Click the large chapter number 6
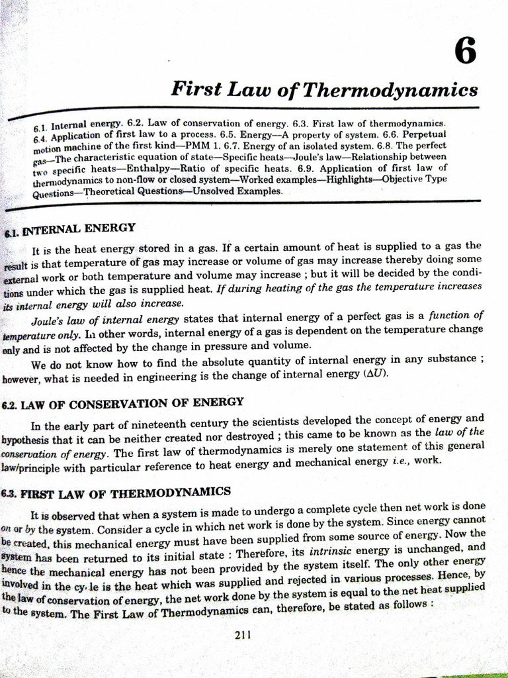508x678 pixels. click(x=465, y=51)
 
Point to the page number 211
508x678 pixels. click(x=243, y=636)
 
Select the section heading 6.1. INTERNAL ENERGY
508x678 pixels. click(x=69, y=230)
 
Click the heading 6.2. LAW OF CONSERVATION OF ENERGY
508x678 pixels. click(x=123, y=403)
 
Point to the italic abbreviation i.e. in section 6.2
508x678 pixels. click(x=401, y=461)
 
